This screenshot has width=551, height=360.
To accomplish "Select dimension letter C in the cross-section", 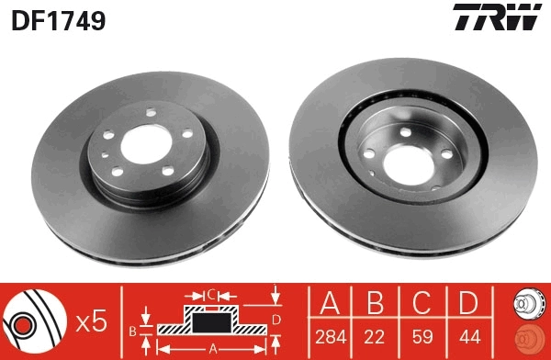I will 210,295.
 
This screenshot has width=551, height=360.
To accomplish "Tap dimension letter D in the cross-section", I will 275,319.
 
